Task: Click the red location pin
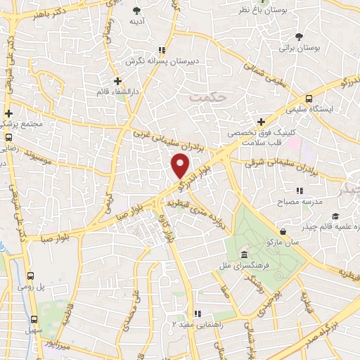pyautogui.click(x=180, y=166)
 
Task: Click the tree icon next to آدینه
pyautogui.click(x=136, y=11)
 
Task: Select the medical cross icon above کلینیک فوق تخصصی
pyautogui.click(x=262, y=122)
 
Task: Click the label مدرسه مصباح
pyautogui.click(x=301, y=202)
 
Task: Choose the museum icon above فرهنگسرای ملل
pyautogui.click(x=243, y=254)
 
